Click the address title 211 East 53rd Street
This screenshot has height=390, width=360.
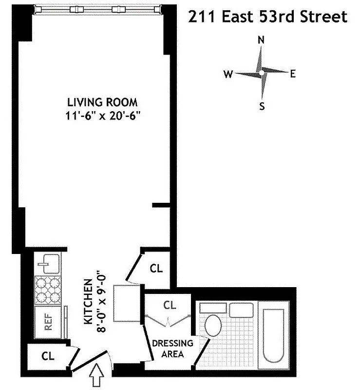tap(268, 17)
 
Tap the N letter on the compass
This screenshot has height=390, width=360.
tap(261, 40)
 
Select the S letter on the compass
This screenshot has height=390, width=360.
tap(262, 106)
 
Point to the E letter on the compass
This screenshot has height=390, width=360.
tap(293, 74)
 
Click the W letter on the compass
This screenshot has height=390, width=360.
tap(228, 74)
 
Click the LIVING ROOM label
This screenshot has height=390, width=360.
tap(102, 102)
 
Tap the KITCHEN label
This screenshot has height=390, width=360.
tap(88, 301)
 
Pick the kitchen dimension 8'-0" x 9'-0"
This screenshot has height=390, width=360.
tap(101, 301)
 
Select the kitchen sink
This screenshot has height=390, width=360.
tap(49, 264)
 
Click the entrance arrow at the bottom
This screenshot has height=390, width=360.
tap(98, 377)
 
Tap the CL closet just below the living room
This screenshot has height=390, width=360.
tap(156, 268)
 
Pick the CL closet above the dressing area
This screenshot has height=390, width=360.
tap(170, 306)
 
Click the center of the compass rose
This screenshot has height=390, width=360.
tap(262, 73)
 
